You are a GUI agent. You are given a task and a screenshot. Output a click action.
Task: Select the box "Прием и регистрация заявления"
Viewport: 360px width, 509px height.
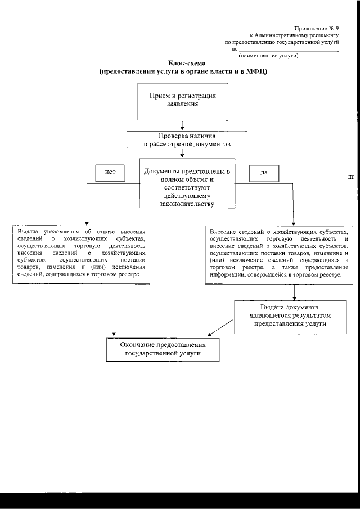(x=182, y=101)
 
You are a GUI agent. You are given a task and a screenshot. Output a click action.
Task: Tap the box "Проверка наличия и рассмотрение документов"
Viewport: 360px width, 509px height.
(x=187, y=139)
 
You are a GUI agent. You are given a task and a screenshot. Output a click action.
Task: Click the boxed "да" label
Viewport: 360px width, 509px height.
(x=264, y=173)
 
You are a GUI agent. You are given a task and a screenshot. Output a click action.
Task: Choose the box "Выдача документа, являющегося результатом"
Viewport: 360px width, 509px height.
(x=290, y=316)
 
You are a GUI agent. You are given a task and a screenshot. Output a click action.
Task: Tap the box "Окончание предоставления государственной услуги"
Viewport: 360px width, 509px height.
(x=163, y=349)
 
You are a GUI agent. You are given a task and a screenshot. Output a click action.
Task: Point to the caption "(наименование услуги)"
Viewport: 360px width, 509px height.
(x=268, y=56)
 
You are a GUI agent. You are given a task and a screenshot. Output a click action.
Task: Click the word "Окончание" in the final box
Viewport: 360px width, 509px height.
(x=139, y=344)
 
